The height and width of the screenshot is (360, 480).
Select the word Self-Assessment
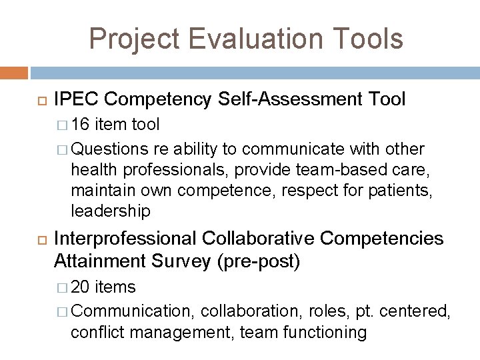pyautogui.click(x=275, y=99)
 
